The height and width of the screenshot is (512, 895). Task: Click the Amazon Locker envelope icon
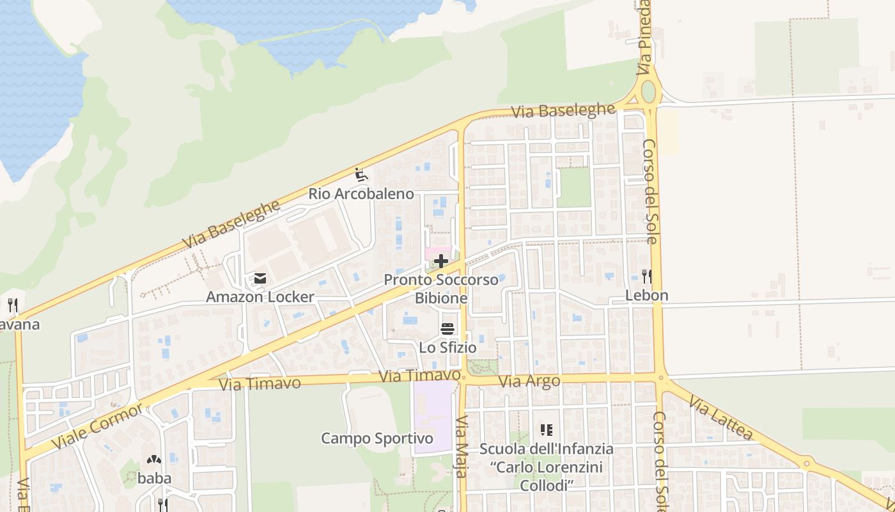(260, 278)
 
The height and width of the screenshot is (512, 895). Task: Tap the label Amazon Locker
(260, 297)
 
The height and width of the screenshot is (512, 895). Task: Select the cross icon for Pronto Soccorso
(441, 261)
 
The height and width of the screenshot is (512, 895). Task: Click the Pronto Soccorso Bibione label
(441, 289)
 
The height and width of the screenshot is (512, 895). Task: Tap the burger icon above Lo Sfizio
(447, 329)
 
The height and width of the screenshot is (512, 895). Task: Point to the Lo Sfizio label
(447, 348)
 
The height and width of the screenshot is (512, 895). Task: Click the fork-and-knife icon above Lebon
(646, 276)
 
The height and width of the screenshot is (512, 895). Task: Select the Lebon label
(646, 296)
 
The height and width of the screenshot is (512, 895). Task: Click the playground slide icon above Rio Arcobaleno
(361, 174)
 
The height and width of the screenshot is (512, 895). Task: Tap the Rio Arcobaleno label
(361, 193)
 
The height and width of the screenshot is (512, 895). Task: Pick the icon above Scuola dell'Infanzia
(546, 430)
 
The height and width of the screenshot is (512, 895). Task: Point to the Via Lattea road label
(721, 417)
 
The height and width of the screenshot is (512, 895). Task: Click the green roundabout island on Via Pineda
(648, 92)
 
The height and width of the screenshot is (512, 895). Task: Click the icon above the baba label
(153, 460)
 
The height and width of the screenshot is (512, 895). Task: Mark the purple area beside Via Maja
(433, 416)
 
